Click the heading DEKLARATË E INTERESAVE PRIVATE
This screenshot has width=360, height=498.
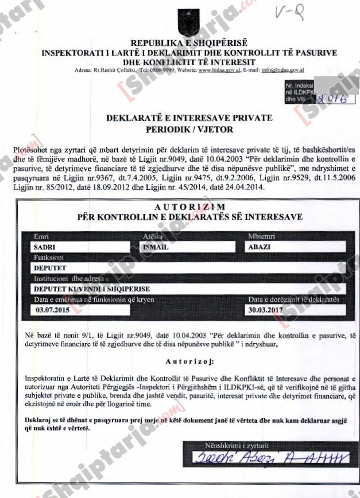tap(189, 118)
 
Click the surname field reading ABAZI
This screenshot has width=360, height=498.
tap(296, 247)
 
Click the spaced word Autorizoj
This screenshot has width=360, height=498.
tap(189, 362)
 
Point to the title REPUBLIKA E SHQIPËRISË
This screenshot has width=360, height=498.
tap(189, 44)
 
